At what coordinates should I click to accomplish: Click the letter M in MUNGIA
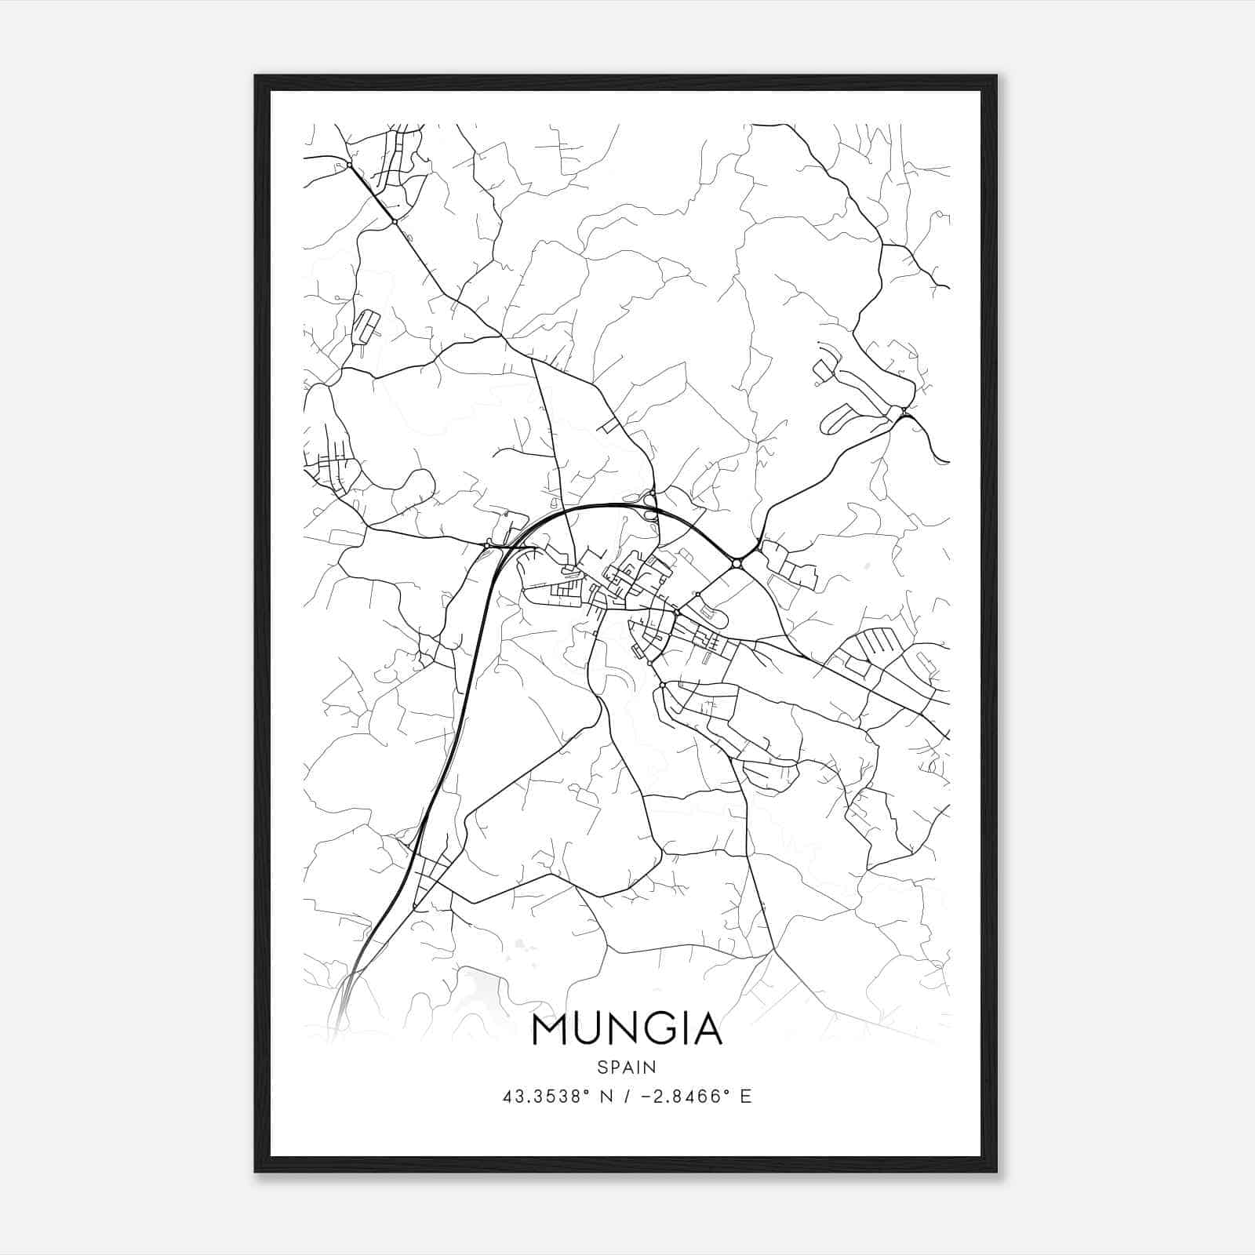point(549,1030)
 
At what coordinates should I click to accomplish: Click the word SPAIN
point(627,1067)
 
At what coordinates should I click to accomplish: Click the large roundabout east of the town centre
point(736,563)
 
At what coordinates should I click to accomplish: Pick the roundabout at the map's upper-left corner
point(348,165)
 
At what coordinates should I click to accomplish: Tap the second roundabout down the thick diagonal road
point(395,222)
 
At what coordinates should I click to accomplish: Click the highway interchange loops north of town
point(650,499)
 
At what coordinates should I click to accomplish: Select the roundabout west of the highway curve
point(487,544)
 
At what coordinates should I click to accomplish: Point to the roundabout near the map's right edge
point(904,411)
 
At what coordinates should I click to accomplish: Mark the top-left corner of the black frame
point(256,76)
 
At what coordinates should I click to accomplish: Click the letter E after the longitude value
point(745,1097)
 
